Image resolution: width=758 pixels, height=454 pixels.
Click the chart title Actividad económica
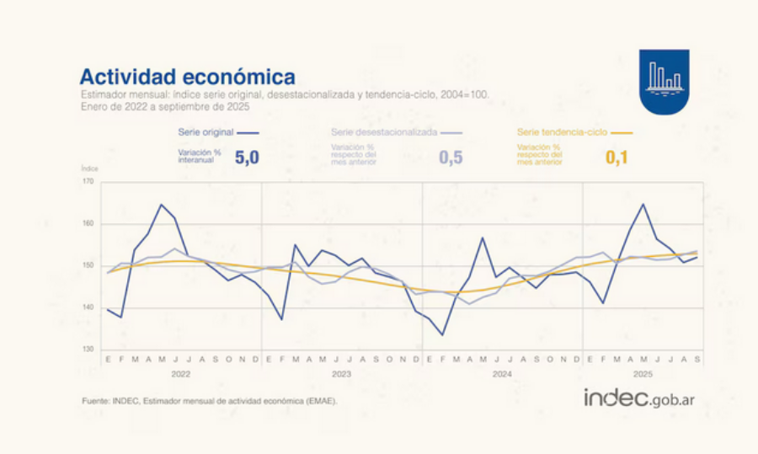tap(187, 77)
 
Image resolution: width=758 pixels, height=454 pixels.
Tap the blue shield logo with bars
tap(664, 81)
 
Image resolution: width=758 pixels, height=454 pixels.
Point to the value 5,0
tap(247, 157)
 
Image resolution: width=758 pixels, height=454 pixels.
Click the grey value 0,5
tap(451, 157)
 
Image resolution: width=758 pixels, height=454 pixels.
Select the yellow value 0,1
tap(617, 157)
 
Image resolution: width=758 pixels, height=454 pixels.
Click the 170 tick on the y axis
tap(88, 181)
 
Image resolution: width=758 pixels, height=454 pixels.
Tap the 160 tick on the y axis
tap(88, 223)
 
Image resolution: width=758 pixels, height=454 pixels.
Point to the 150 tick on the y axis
tap(88, 265)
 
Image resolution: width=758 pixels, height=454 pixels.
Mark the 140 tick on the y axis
tap(88, 307)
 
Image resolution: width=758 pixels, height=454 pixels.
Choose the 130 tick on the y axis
tap(88, 350)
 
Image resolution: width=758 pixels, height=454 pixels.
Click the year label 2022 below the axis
tap(180, 373)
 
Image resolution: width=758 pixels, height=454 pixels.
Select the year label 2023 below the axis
tap(341, 373)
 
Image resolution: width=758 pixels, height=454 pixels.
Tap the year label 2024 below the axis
tap(502, 373)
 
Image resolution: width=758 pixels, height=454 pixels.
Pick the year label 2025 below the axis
tap(643, 373)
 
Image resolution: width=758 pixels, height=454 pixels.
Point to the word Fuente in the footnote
tap(95, 401)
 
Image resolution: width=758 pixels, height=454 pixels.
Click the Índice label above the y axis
tap(90, 169)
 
